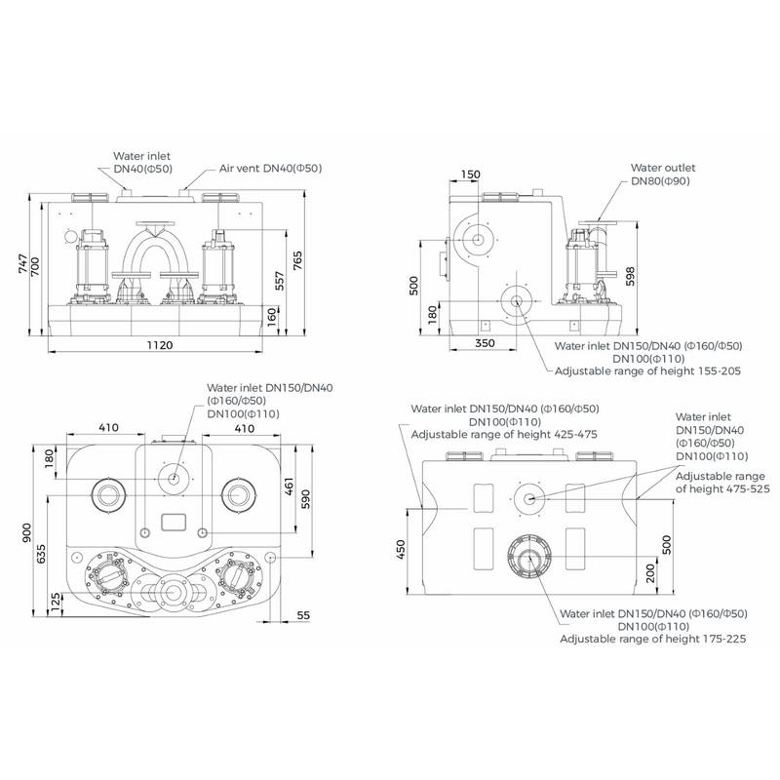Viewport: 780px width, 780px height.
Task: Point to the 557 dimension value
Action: tap(280, 282)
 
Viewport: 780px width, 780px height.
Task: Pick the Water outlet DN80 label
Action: tap(662, 175)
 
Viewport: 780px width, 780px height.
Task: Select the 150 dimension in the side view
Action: tap(472, 175)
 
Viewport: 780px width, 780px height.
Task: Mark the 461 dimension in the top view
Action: tap(289, 486)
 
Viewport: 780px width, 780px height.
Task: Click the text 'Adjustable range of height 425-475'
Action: tap(504, 434)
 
